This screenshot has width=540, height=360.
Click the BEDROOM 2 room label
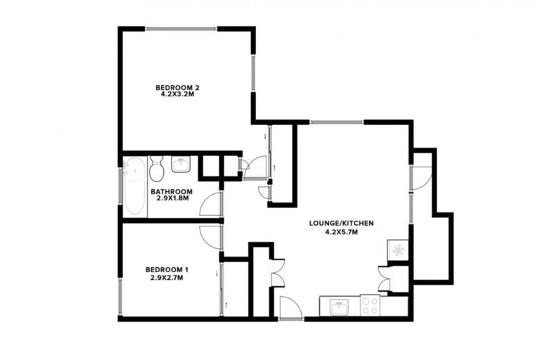(x=178, y=88)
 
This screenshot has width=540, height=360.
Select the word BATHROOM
(x=172, y=191)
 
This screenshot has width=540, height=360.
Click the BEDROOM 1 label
(x=167, y=269)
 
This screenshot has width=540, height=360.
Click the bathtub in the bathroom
(x=134, y=186)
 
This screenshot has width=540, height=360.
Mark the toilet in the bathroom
(x=156, y=168)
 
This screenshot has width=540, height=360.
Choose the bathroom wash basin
(x=181, y=166)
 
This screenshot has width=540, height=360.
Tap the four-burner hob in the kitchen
(x=370, y=305)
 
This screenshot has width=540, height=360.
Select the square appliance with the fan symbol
(x=398, y=250)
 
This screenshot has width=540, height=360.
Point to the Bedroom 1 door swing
(x=211, y=236)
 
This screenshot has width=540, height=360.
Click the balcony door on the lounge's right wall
(x=421, y=176)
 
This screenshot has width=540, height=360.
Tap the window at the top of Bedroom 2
(x=181, y=29)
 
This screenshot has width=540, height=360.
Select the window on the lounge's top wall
(x=337, y=122)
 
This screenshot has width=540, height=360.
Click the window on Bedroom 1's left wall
(x=120, y=295)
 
